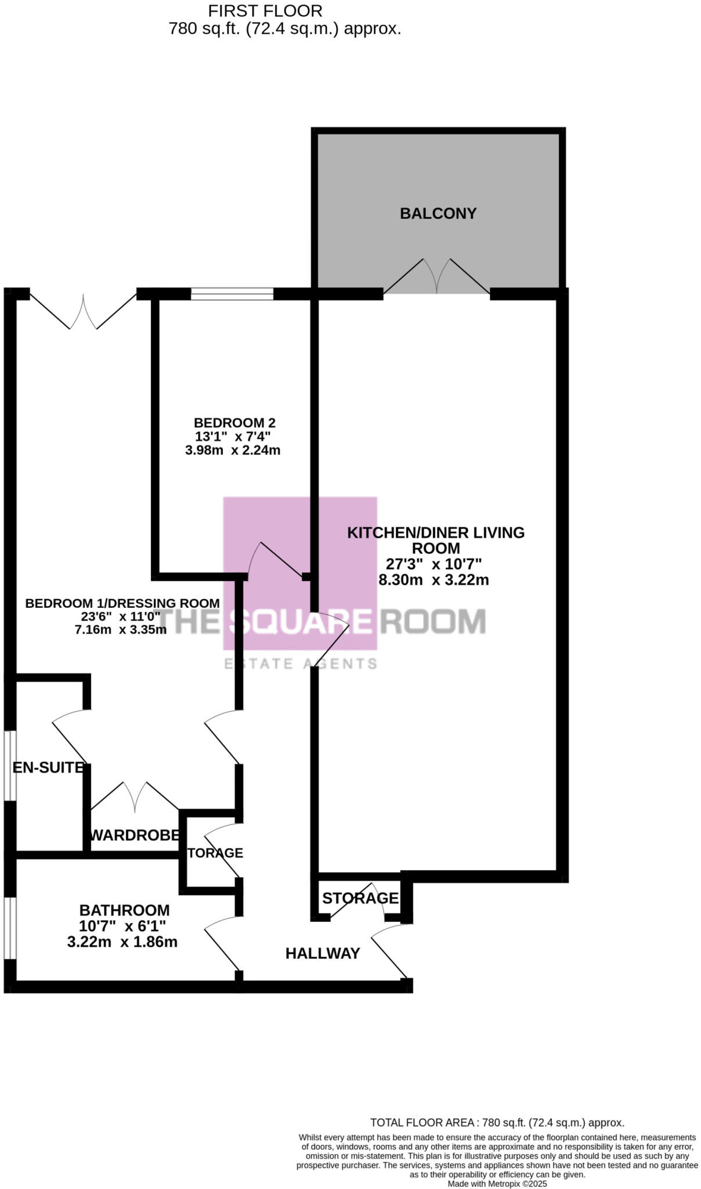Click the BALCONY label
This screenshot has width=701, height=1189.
438,214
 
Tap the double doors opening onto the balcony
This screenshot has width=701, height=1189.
437,278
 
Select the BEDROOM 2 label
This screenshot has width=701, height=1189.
234,423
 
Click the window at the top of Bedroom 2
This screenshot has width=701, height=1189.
232,294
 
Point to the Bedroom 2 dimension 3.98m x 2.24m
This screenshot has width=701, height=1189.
233,451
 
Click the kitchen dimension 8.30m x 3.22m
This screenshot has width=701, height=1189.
433,580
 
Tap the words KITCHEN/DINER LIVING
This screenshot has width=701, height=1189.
436,533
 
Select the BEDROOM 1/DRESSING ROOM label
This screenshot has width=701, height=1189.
122,603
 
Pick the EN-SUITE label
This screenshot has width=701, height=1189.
49,768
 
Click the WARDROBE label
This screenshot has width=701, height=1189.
135,835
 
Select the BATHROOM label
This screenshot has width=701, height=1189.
124,910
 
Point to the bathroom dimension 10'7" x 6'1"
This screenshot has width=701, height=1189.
122,927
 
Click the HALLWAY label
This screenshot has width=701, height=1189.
323,953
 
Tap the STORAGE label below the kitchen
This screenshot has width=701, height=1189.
360,899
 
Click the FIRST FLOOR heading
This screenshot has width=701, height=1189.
265,11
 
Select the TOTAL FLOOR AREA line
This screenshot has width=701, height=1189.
497,1123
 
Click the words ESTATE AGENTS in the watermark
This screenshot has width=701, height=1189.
301,664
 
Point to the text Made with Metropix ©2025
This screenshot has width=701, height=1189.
497,1184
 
